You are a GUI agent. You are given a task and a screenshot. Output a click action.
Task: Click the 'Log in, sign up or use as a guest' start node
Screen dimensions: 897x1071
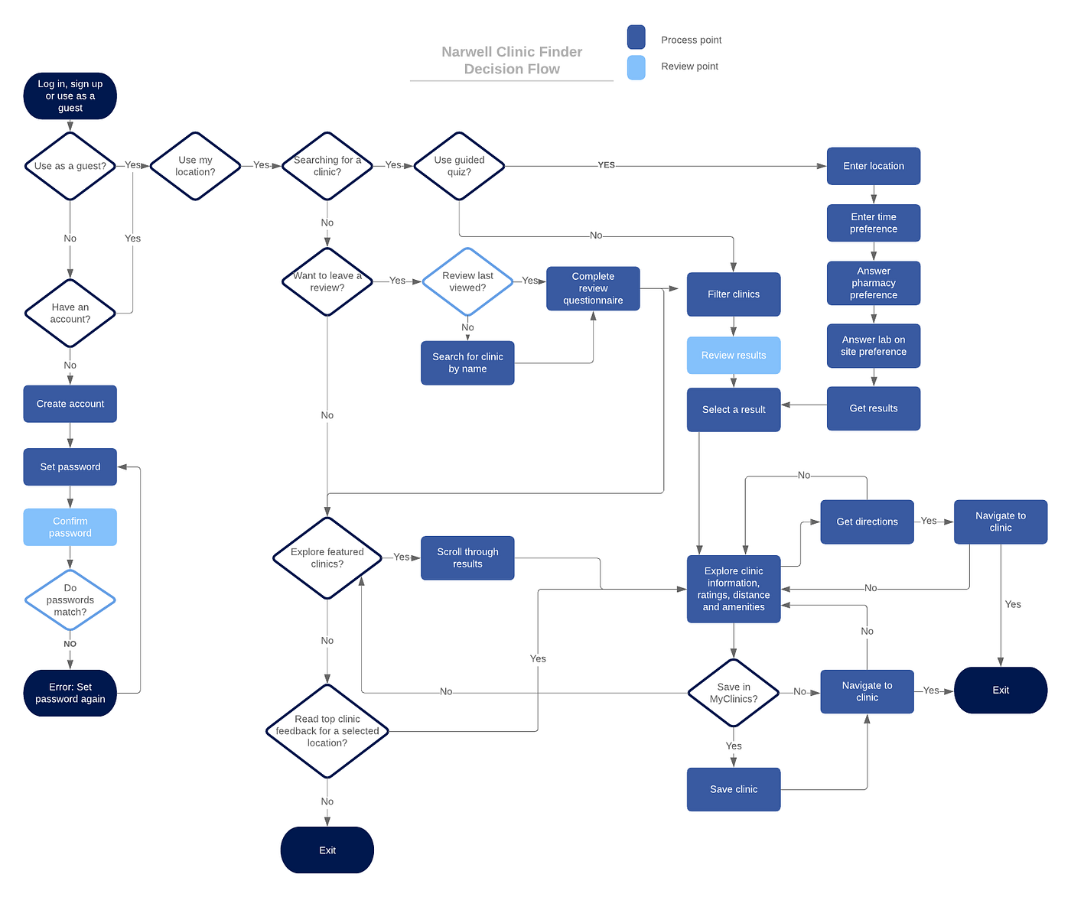pyautogui.click(x=70, y=96)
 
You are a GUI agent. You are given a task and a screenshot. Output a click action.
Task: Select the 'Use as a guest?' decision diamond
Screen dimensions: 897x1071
pyautogui.click(x=70, y=166)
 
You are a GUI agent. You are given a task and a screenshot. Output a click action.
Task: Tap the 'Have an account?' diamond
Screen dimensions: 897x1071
pyautogui.click(x=70, y=314)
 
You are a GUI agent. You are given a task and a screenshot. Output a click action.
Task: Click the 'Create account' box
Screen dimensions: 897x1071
pyautogui.click(x=70, y=404)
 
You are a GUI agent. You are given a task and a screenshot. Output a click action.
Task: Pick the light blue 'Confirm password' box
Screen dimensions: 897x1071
pyautogui.click(x=70, y=527)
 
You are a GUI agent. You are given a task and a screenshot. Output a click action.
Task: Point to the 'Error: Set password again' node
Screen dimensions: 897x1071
pyautogui.click(x=70, y=693)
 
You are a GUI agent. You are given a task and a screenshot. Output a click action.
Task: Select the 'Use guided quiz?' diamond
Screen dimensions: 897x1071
pyautogui.click(x=459, y=166)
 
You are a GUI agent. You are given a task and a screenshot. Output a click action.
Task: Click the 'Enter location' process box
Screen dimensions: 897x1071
pyautogui.click(x=873, y=166)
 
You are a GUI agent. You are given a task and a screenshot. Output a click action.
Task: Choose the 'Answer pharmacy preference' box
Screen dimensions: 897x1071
pyautogui.click(x=873, y=283)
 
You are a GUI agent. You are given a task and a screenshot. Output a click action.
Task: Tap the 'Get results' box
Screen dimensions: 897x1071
pyautogui.click(x=873, y=408)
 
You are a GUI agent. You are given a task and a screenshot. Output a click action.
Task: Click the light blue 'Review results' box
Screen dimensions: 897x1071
pyautogui.click(x=734, y=356)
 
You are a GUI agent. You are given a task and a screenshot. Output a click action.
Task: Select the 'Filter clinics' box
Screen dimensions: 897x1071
pyautogui.click(x=734, y=294)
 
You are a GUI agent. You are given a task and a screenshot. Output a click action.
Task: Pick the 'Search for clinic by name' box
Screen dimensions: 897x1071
pyautogui.click(x=467, y=363)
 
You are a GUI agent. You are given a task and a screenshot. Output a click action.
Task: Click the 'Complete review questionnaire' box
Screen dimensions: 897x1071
pyautogui.click(x=593, y=288)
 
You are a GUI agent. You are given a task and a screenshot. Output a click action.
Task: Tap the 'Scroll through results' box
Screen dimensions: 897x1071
pyautogui.click(x=467, y=558)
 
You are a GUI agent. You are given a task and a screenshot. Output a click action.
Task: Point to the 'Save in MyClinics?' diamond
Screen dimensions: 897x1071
pyautogui.click(x=734, y=693)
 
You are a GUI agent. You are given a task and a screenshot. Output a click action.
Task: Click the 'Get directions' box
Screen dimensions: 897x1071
pyautogui.click(x=867, y=522)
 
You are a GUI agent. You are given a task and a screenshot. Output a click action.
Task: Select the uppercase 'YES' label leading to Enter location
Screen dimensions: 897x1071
pyautogui.click(x=606, y=165)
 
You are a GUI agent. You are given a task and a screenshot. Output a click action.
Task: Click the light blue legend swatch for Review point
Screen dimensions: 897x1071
pyautogui.click(x=636, y=67)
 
